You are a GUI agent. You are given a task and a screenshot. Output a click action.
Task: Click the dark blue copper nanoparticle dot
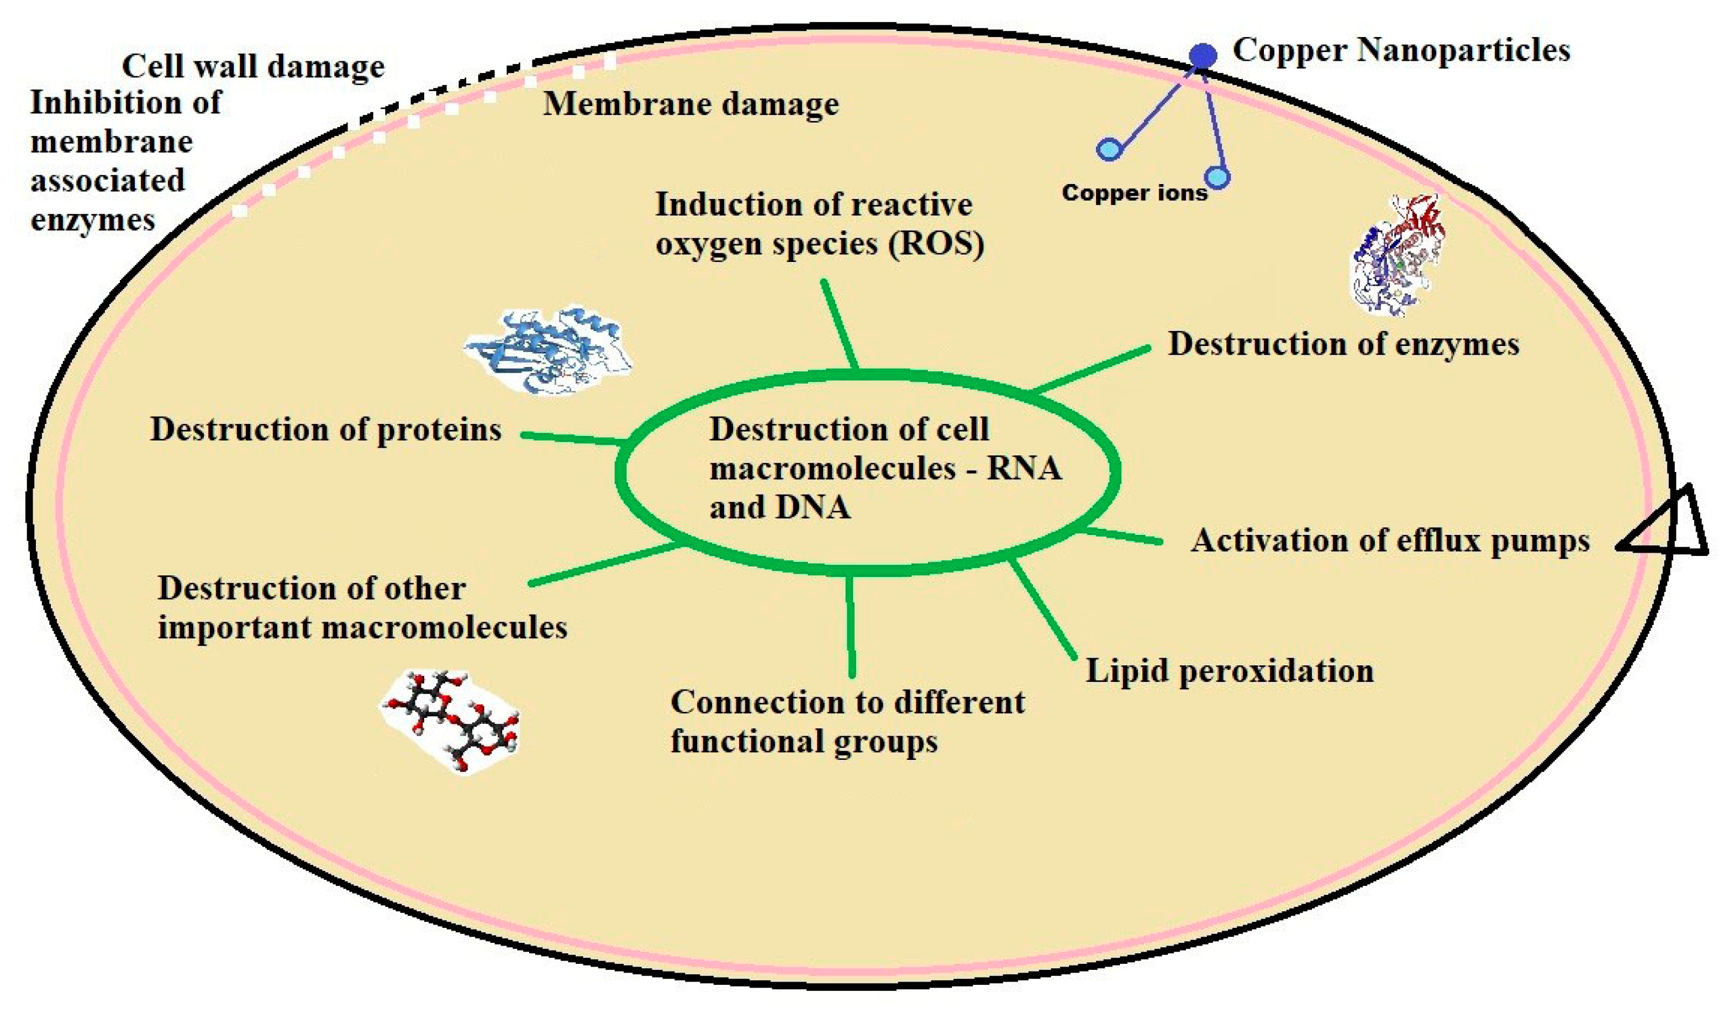point(1203,55)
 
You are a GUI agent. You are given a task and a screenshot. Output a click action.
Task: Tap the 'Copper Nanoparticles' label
point(1400,50)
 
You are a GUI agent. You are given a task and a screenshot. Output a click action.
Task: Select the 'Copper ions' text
point(1133,193)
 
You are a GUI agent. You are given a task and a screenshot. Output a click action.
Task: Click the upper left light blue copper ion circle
point(1108,149)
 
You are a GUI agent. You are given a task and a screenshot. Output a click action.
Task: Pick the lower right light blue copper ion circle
point(1218,177)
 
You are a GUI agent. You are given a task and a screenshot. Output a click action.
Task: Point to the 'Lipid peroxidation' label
point(1230,671)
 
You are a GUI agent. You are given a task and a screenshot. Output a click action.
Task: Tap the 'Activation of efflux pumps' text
point(1389,540)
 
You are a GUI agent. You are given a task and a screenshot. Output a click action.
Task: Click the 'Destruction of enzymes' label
point(1343,344)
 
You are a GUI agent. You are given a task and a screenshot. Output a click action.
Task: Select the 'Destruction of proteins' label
point(326,430)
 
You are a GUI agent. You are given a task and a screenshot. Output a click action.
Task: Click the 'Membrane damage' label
point(690,104)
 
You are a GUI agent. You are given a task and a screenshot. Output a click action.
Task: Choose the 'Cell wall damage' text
point(253,66)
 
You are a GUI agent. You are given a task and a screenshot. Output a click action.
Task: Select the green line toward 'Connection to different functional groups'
point(850,626)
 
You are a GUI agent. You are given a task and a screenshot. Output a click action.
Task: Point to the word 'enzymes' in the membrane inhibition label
point(93,221)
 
